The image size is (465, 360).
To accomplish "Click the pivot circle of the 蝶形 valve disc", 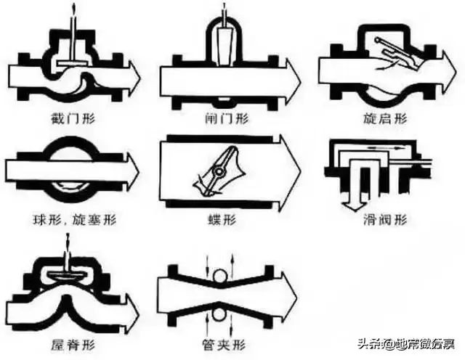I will [x=217, y=172].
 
